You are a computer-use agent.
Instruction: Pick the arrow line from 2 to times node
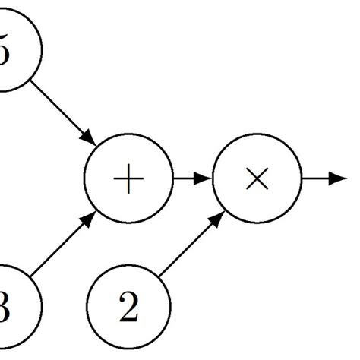190,247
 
